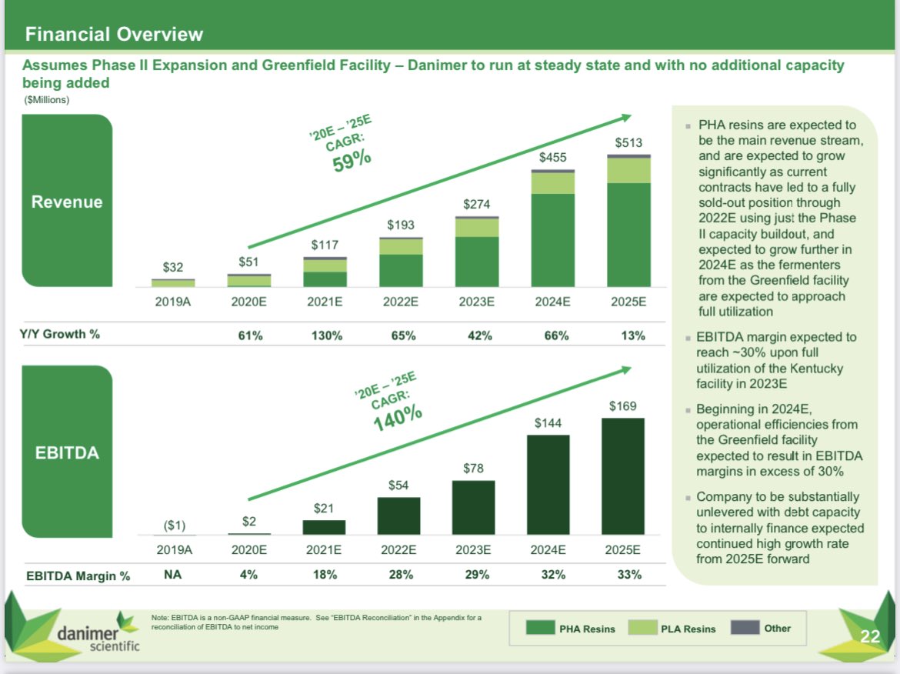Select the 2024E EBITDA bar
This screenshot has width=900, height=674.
[549, 484]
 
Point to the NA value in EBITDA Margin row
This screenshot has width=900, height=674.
[172, 575]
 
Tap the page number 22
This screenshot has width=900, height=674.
[869, 636]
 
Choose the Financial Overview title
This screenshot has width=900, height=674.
[114, 34]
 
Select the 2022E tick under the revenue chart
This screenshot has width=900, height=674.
[400, 302]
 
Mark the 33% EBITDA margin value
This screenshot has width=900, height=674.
[629, 575]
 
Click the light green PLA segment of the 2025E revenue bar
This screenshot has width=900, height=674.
[628, 170]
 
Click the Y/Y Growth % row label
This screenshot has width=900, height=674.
[59, 334]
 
